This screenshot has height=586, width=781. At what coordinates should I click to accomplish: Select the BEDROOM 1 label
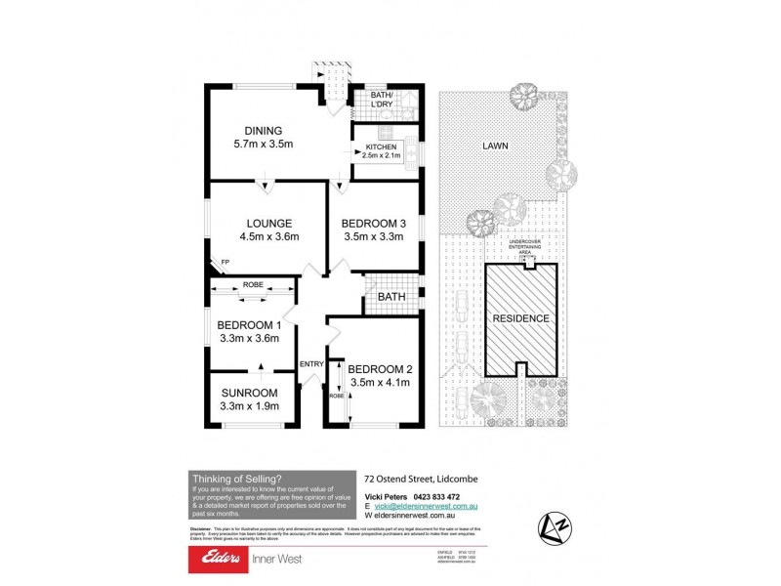[249, 325]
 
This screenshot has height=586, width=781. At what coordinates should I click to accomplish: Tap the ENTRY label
[311, 364]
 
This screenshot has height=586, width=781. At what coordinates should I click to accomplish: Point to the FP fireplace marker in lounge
[225, 263]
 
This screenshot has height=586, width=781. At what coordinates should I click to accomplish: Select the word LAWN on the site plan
[494, 147]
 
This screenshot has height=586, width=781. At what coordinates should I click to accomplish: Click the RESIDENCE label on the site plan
[520, 318]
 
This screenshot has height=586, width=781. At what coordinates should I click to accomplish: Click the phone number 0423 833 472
[432, 497]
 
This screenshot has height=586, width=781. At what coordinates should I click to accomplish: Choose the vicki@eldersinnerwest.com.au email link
[421, 507]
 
